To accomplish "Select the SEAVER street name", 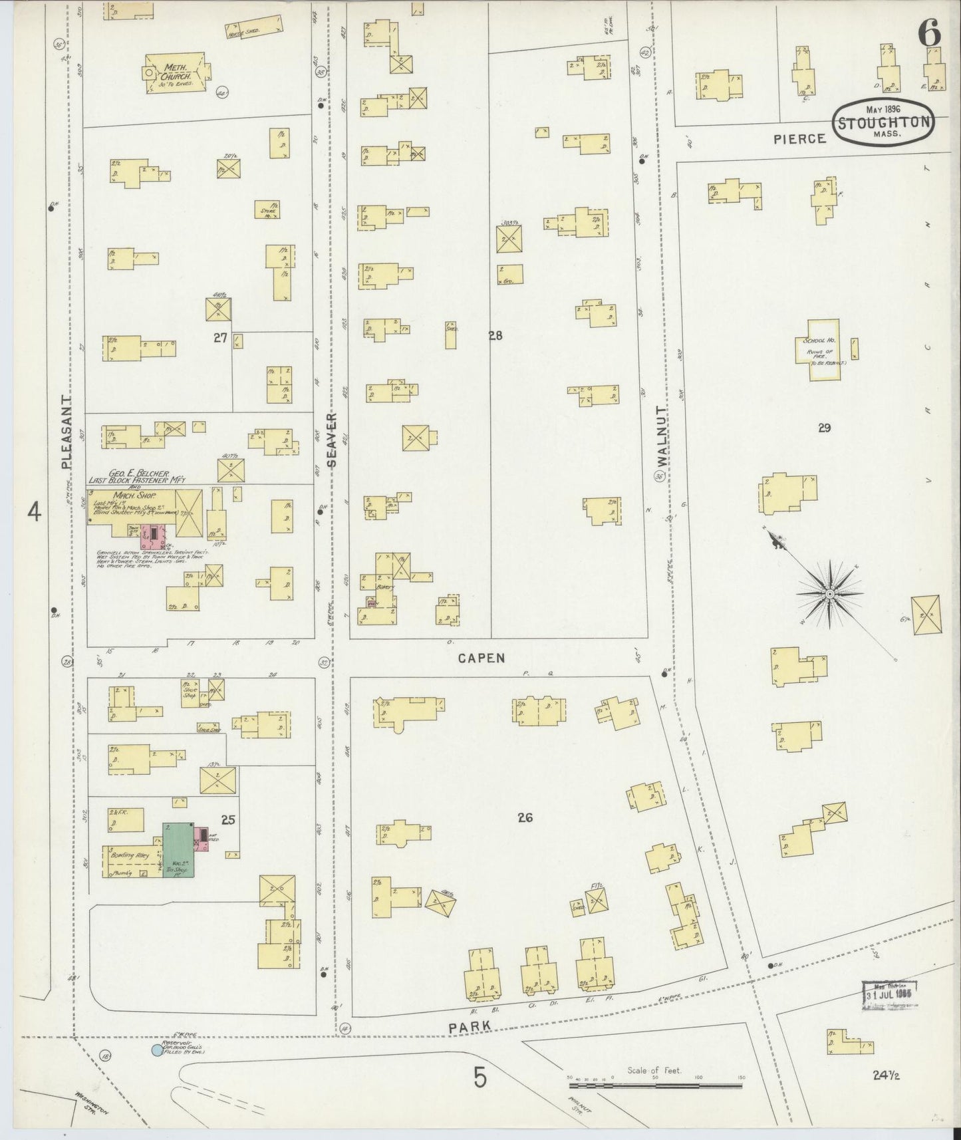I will click(332, 440).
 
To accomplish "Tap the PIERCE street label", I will click(799, 138).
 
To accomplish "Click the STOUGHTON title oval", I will click(883, 121).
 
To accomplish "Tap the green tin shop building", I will click(179, 849).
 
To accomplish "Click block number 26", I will click(525, 817).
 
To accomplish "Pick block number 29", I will click(824, 428).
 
